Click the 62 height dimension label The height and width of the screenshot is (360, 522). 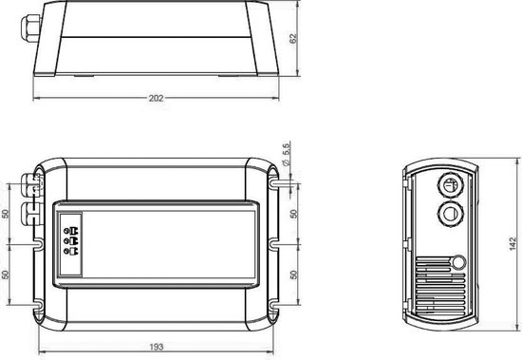tap(293, 38)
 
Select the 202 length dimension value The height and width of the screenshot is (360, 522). tap(157, 99)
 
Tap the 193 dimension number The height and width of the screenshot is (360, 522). tap(157, 347)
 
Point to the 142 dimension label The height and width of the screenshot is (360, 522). tap(513, 244)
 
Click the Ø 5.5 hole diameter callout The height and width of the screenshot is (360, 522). tap(286, 154)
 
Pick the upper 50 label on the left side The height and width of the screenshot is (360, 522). tap(6, 214)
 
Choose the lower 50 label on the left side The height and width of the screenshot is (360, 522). tap(6, 275)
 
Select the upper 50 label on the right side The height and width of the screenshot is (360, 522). tap(293, 214)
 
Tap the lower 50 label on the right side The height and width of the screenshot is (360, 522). tap(293, 275)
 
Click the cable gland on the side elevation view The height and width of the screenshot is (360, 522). tap(30, 28)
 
